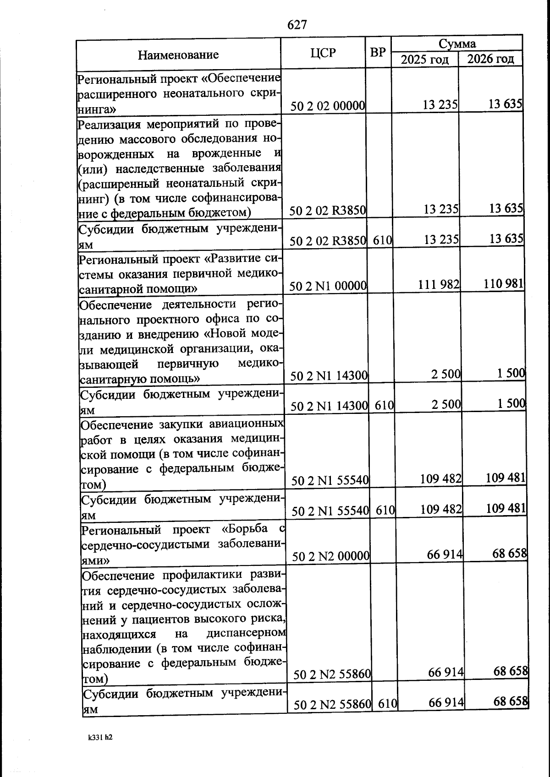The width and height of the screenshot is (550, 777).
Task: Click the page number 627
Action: click(297, 25)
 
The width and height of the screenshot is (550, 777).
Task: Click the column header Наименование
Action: click(178, 55)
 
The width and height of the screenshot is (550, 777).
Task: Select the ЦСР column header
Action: click(323, 53)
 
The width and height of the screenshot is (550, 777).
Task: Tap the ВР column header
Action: click(378, 52)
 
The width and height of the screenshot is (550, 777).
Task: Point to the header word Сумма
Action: click(457, 44)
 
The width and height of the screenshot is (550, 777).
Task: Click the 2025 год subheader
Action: click(424, 60)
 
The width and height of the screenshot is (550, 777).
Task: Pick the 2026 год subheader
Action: click(490, 59)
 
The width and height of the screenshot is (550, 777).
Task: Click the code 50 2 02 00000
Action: click(328, 106)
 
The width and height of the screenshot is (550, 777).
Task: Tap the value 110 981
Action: click(503, 283)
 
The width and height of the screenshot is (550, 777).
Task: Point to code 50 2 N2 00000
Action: click(331, 556)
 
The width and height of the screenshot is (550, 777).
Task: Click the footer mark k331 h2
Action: click(100, 738)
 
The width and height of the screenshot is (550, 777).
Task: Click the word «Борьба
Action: click(245, 529)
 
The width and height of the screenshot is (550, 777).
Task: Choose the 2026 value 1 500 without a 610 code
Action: click(511, 373)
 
